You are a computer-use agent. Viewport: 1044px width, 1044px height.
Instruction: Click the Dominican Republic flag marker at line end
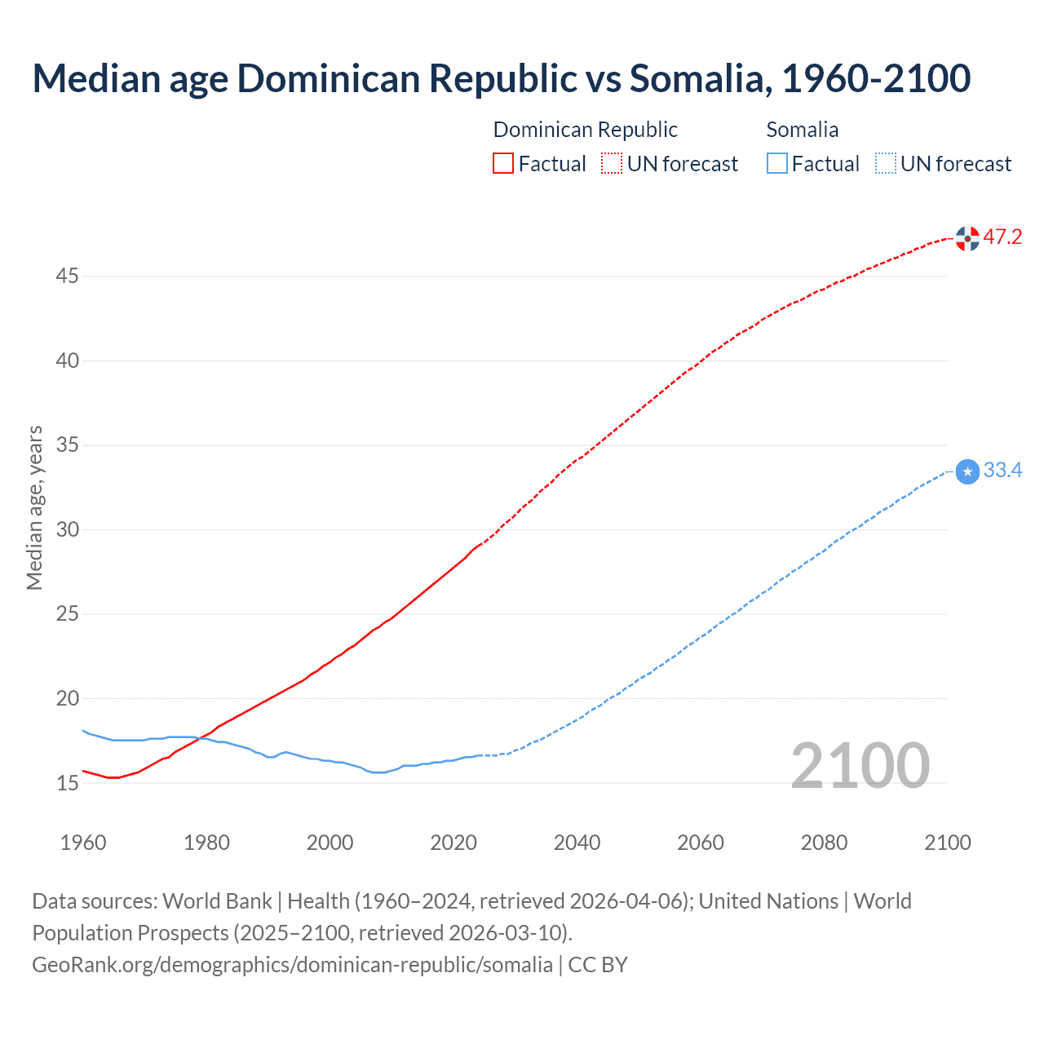coord(967,239)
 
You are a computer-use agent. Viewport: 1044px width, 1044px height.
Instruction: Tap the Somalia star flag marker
coord(967,471)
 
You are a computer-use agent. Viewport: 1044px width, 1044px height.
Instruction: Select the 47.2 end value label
coord(1002,237)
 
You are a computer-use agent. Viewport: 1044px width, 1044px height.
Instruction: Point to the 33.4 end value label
coord(1002,471)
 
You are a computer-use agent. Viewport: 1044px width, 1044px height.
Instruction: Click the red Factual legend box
coord(503,164)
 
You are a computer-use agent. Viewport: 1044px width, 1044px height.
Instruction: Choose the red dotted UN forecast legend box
coord(612,164)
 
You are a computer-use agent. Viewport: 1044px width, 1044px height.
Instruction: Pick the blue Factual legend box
coord(777,164)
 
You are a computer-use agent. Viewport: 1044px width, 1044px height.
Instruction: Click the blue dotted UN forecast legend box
coord(885,164)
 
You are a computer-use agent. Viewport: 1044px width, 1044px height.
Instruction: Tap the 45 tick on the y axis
coord(67,276)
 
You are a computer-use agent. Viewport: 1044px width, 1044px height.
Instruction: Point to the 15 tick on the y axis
coord(67,783)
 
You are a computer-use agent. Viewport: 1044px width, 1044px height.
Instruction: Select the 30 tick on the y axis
coord(67,530)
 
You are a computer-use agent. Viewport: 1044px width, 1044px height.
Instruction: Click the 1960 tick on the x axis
coord(83,843)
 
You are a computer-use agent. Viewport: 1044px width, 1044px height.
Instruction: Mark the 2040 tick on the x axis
coord(577,843)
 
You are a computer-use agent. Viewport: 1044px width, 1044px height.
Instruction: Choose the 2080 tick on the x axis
coord(824,843)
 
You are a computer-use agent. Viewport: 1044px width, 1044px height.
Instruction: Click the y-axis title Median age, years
coord(34,507)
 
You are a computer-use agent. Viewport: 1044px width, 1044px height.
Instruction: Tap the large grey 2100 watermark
coord(860,766)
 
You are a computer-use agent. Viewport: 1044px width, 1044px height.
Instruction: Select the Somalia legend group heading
coord(802,130)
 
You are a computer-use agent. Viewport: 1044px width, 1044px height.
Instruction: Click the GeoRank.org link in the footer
coord(292,965)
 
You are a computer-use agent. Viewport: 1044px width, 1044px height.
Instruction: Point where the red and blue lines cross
coord(199,738)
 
